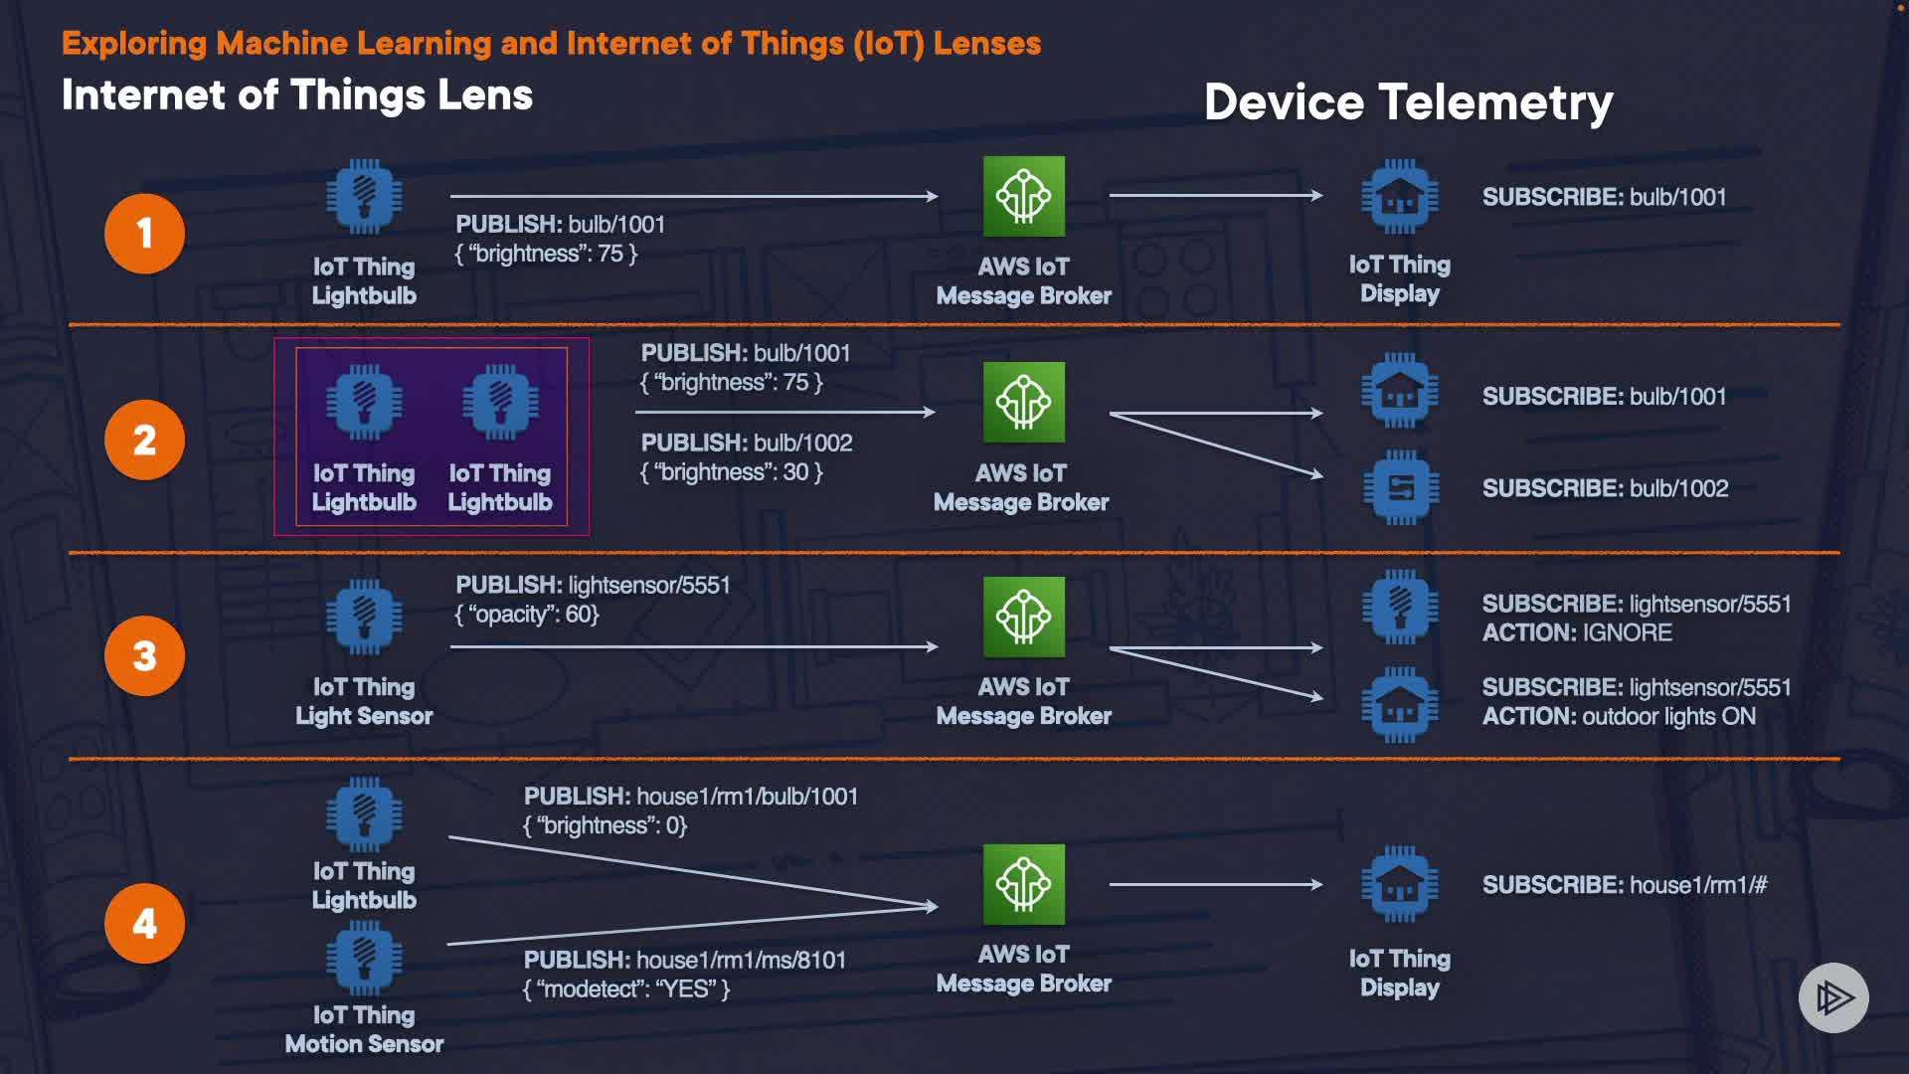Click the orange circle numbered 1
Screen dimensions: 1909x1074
click(x=145, y=234)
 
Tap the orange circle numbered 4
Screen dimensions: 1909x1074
click(x=145, y=924)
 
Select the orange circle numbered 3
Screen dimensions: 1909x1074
click(x=145, y=656)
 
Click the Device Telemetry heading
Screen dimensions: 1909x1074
click(x=1408, y=102)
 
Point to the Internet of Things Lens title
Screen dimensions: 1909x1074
click(x=297, y=95)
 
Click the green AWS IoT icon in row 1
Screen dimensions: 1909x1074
click(x=1024, y=196)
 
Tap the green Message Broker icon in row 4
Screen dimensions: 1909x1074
click(x=1024, y=884)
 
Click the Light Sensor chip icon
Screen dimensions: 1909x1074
click(x=365, y=617)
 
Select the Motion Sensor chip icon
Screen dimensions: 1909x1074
click(x=365, y=959)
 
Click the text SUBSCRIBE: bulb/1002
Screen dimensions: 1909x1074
click(x=1605, y=488)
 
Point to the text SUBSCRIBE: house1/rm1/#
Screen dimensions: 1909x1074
click(x=1625, y=885)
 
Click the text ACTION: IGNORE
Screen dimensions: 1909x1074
click(x=1577, y=632)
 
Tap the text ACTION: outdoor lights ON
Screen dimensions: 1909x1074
click(x=1619, y=716)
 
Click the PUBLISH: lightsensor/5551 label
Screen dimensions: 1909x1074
click(x=593, y=585)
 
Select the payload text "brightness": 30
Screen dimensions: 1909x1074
click(x=732, y=471)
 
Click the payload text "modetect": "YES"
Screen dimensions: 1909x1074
click(x=626, y=988)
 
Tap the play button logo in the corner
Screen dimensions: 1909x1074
click(x=1833, y=997)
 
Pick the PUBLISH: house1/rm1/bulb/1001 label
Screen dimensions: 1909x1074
click(x=691, y=797)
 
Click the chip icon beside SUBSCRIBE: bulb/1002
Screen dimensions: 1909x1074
click(x=1400, y=487)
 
